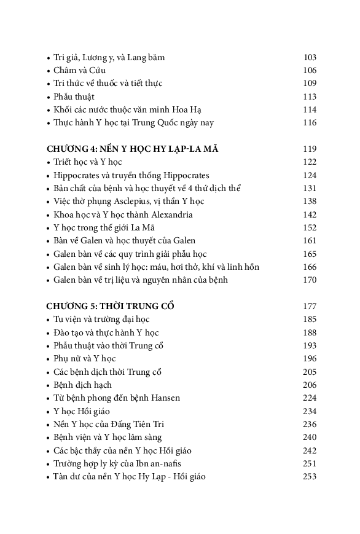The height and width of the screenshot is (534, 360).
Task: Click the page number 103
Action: pos(310,57)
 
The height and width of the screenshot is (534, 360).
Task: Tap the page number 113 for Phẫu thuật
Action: pos(310,96)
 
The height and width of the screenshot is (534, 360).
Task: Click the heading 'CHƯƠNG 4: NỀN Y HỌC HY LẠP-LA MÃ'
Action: pos(133,149)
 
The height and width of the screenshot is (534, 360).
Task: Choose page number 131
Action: pos(310,188)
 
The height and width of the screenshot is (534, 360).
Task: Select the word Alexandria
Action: pos(168,214)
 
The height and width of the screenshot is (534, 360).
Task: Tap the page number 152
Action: pos(310,227)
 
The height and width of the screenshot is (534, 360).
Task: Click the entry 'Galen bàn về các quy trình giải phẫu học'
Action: pos(130,254)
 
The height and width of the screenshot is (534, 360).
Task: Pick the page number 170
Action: pos(310,280)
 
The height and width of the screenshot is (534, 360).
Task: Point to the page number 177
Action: pos(310,306)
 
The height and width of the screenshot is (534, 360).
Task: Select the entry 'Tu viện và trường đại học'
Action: pos(101,319)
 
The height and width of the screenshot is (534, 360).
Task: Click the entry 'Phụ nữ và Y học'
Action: pos(85,358)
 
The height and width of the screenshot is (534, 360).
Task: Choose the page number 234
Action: pos(310,410)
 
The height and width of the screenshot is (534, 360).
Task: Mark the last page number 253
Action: pos(310,476)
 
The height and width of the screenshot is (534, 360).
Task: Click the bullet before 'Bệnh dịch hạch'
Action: pos(49,385)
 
